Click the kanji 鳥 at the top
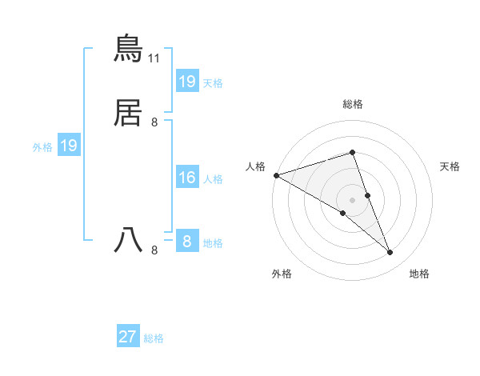pos(128,50)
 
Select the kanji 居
pos(128,114)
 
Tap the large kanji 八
pos(128,240)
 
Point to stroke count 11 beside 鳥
pos(154,58)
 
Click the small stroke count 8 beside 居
pos(154,122)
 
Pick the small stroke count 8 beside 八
pos(154,250)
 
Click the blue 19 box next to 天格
pos(187,82)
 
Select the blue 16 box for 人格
pos(187,178)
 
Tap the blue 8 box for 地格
pos(187,241)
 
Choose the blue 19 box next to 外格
pos(69,146)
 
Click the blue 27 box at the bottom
pos(128,337)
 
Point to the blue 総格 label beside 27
pos(154,338)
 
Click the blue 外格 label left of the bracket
pos(42,147)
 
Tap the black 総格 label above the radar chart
pos(353,104)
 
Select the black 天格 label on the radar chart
pos(450,166)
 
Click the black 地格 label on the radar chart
pos(419,274)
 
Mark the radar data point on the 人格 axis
pos(276,174)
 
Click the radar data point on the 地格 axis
pos(390,252)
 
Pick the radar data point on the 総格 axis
pos(353,152)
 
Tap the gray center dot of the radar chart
pos(353,199)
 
